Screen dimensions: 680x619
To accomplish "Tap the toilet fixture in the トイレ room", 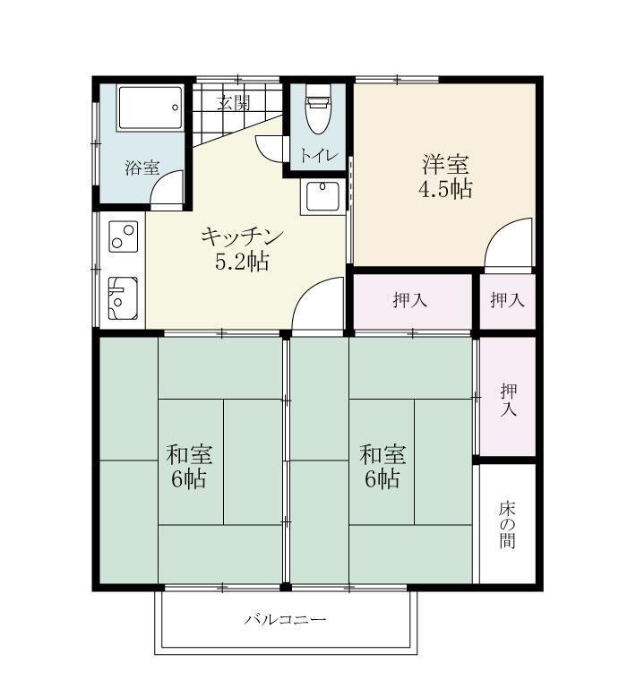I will tap(318, 110).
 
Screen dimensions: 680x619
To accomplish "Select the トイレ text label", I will tap(318, 155).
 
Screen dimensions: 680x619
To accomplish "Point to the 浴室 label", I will tap(142, 168).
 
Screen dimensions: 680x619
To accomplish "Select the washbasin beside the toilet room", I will tap(322, 196).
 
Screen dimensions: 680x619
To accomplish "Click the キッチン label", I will tap(242, 237).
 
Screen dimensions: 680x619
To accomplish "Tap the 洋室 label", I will tap(445, 165).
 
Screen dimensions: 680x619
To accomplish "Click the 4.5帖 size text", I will tap(445, 189).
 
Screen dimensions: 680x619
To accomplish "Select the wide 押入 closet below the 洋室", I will tap(411, 301).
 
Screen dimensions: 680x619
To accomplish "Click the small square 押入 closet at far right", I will tap(507, 301).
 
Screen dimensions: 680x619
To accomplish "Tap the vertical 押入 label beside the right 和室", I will tap(508, 399).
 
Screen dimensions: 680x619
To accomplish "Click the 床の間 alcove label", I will tap(508, 523).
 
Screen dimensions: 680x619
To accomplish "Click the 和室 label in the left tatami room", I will tap(189, 452).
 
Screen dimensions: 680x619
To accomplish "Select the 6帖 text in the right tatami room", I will tap(382, 478).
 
